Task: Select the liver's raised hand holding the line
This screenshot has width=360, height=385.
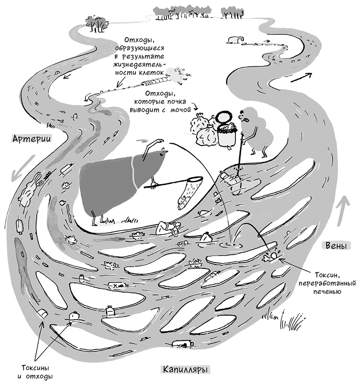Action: click(x=159, y=142)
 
